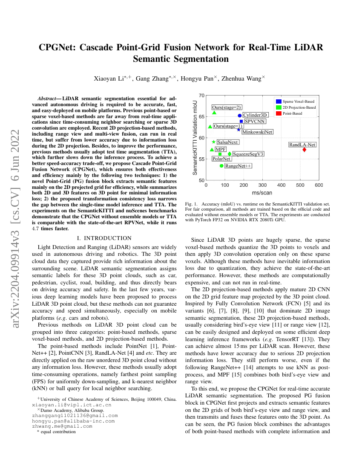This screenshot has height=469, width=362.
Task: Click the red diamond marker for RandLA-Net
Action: pos(305,150)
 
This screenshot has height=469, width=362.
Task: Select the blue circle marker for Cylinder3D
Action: pos(240,116)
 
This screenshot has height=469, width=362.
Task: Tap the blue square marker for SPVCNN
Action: pos(241,122)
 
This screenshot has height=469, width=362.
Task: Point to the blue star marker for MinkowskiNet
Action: pos(238,129)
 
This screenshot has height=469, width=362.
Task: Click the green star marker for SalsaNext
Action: pos(213,142)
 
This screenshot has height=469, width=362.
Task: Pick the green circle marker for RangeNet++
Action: pos(221,166)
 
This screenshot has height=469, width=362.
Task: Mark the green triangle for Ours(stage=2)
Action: pos(214,113)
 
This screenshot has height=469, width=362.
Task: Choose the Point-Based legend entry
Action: pos(292,114)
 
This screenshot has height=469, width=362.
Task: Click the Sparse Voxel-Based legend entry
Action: pos(298,101)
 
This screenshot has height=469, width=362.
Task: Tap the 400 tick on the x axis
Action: pos(282,185)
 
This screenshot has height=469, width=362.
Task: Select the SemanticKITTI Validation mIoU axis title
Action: pos(195,137)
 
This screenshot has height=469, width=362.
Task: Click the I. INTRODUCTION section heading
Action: pos(104,238)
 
